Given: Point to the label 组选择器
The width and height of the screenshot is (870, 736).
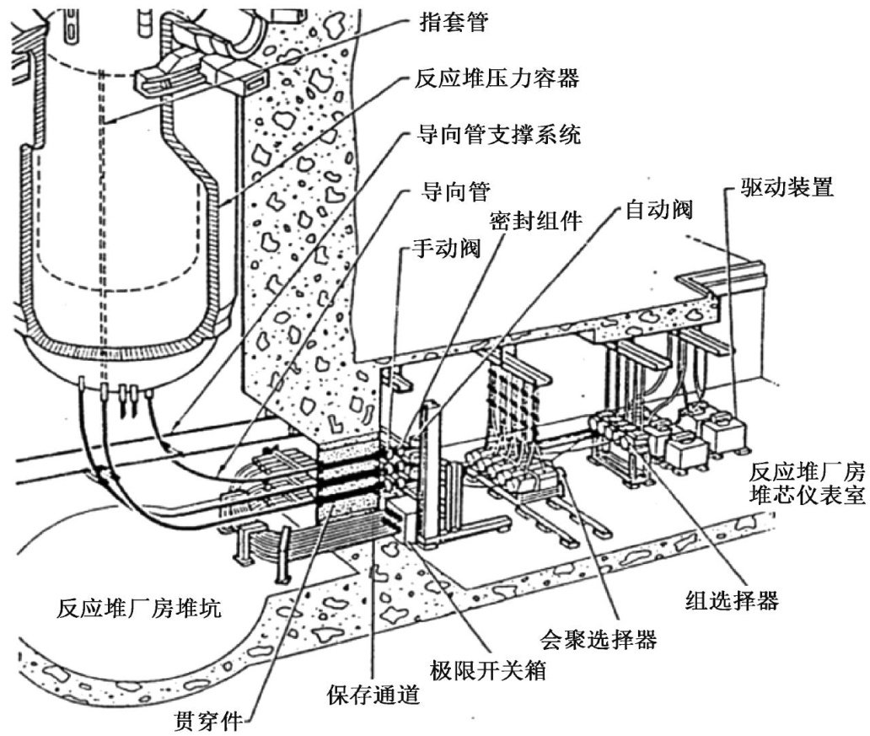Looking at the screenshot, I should coord(730,601).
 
